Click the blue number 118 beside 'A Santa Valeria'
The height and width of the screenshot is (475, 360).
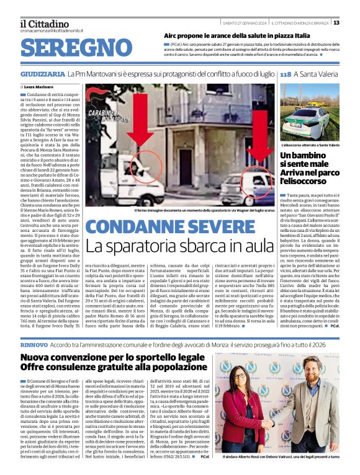tap(286, 74)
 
